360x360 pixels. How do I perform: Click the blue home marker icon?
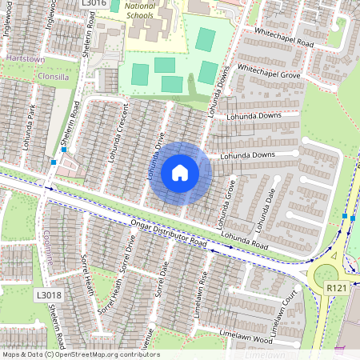click(x=180, y=173)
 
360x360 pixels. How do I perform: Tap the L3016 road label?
click(x=94, y=4)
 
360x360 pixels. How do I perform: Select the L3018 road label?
click(x=49, y=294)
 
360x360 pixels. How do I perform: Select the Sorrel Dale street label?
click(x=162, y=276)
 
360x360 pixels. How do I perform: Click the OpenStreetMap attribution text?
click(x=81, y=354)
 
